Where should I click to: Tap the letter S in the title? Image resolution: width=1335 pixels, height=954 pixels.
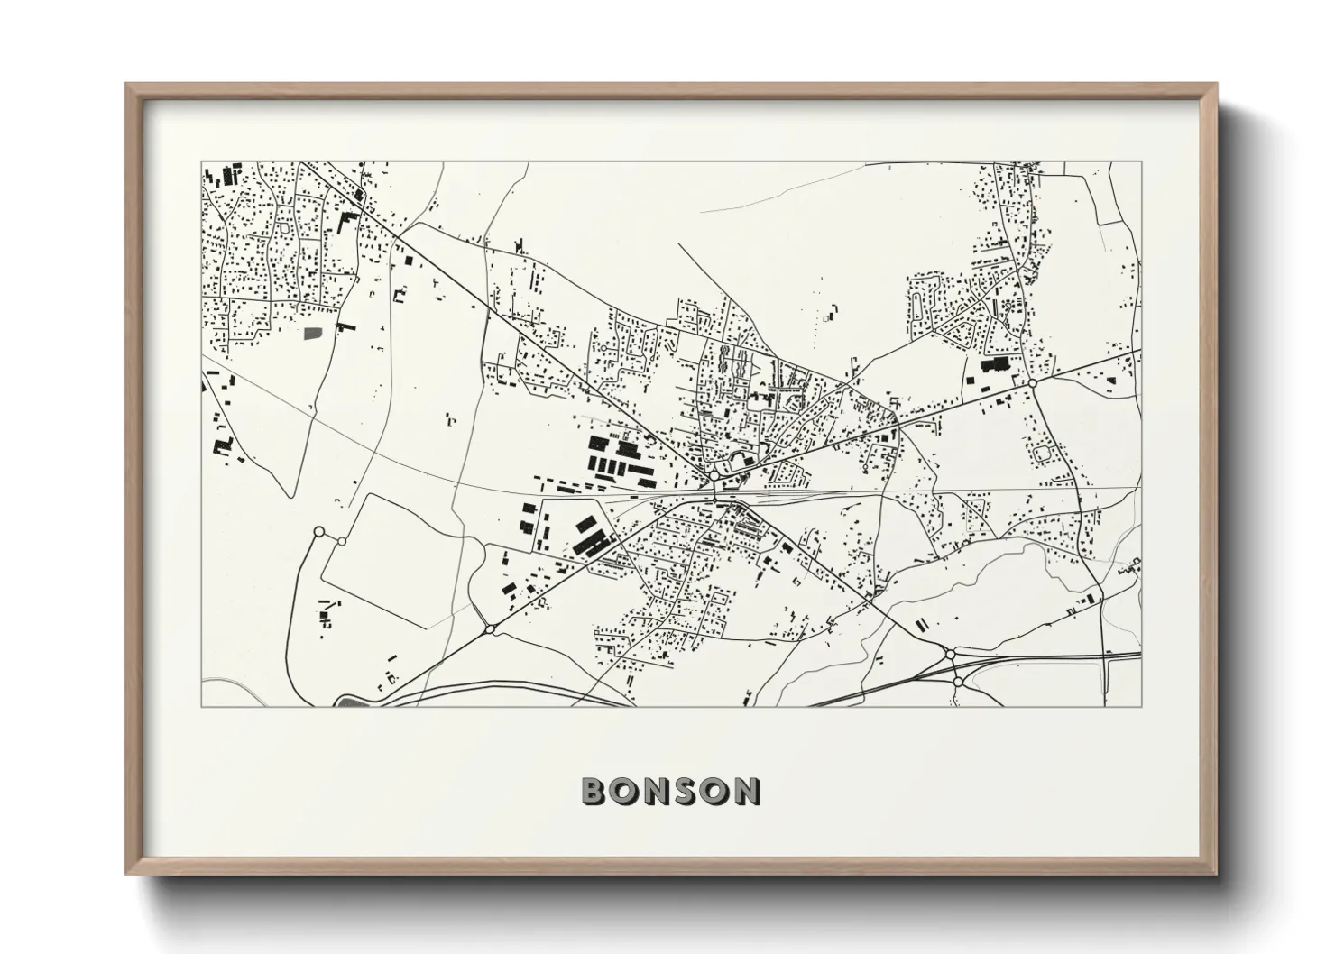683,791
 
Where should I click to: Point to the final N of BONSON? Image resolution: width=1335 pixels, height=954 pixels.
745,791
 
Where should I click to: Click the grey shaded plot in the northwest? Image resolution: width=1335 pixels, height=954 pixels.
313,333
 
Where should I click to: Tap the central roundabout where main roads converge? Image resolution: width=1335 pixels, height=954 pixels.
714,474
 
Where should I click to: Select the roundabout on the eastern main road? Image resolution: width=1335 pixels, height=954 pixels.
1032,383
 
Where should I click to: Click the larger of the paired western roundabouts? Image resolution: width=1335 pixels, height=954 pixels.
318,532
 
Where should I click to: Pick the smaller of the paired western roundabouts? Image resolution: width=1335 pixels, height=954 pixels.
342,541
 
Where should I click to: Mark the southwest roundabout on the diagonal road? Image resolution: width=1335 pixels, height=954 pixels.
489,628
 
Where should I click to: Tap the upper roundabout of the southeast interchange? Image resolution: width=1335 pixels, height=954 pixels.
950,653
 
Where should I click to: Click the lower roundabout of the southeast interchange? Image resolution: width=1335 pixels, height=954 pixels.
957,683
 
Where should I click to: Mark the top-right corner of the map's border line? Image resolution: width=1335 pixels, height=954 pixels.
1141,162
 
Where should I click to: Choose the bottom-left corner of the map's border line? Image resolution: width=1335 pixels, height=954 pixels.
201,706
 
